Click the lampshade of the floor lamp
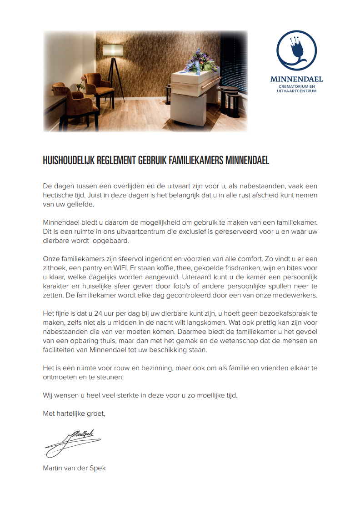click(110, 50)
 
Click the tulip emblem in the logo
click(296, 49)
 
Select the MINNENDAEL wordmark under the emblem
click(296, 79)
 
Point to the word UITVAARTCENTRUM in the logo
click(296, 91)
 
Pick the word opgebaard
click(111, 241)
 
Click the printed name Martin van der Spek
click(74, 468)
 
